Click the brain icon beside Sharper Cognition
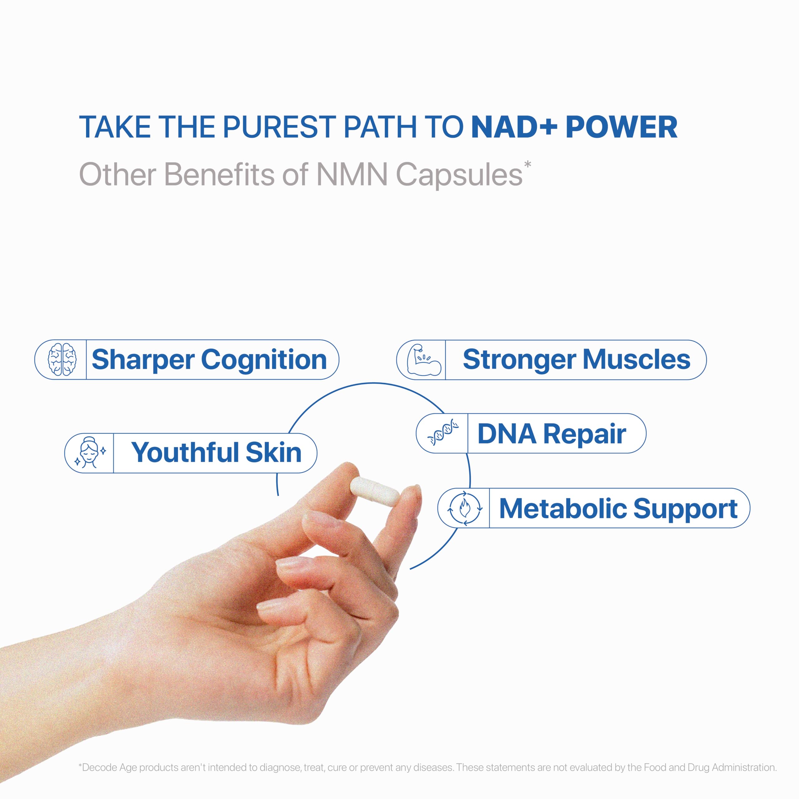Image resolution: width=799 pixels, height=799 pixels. [62, 359]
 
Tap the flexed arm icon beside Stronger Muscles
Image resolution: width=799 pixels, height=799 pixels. [424, 359]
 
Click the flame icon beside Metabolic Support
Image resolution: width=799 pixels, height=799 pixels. [464, 508]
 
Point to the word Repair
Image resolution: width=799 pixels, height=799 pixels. [584, 434]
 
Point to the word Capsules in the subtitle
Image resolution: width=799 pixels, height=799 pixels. [459, 175]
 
